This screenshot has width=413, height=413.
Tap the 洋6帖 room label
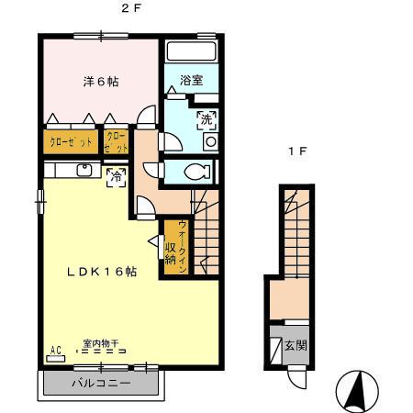(x=100, y=81)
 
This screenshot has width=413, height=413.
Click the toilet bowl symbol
(x=194, y=171)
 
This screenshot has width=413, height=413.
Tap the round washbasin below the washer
(x=209, y=141)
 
